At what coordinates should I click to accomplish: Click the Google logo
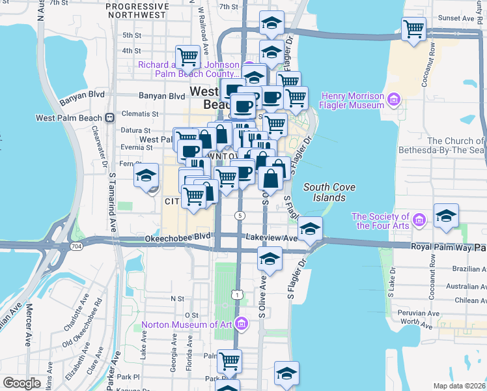[x=23, y=383]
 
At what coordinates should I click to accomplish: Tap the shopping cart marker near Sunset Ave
[x=414, y=29]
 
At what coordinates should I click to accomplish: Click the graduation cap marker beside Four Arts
[x=446, y=216]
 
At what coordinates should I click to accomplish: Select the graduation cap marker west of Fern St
[x=146, y=176]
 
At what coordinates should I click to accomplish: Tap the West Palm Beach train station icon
[x=109, y=118]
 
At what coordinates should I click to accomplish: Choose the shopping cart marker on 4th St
[x=188, y=57]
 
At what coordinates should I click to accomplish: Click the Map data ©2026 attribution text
[x=459, y=386]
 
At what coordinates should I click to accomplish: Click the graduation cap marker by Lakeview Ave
[x=310, y=229]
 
